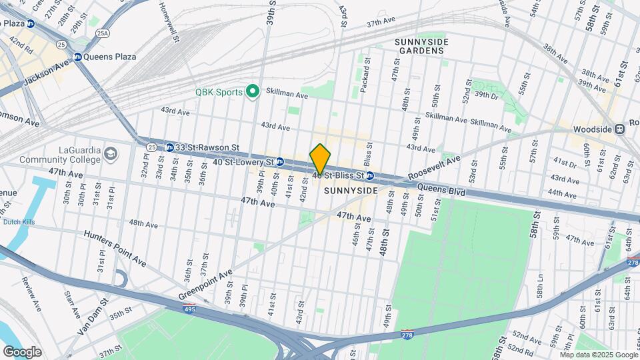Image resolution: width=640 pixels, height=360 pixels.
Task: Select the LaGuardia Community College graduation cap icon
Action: [x=109, y=155]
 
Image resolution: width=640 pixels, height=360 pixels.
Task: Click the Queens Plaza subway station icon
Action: [x=77, y=57]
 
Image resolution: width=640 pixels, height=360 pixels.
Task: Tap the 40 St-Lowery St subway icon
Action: [x=280, y=162]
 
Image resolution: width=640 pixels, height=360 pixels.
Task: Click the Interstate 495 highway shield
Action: [x=189, y=309]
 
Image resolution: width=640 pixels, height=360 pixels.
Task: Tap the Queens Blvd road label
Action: [x=442, y=189]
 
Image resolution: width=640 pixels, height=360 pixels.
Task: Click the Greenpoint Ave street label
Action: [x=205, y=285]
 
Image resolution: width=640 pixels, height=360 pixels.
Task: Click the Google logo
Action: [x=22, y=351]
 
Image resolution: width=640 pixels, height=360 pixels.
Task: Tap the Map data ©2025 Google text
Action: [x=599, y=355]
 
